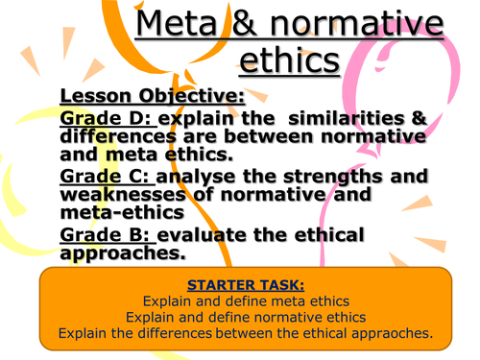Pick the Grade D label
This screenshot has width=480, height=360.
[106, 119]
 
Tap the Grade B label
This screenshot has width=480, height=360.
[106, 236]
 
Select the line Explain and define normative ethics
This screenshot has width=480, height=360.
[239, 317]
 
